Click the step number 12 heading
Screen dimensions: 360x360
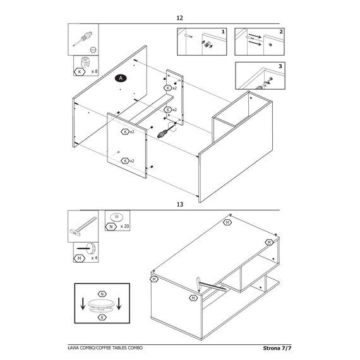tap(180, 18)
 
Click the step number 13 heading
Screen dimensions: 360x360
tap(180, 205)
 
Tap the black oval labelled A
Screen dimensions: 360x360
tap(121, 78)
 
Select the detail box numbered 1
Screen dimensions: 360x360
tap(202, 42)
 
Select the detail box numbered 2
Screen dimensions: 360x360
tap(260, 42)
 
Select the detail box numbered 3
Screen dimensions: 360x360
tap(260, 76)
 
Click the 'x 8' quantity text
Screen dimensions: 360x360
tap(94, 71)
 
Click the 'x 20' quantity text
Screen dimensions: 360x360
tap(124, 226)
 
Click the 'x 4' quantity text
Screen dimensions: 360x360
tap(94, 258)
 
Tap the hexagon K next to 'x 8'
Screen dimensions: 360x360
tap(80, 72)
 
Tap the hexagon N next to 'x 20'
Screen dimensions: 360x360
tap(111, 227)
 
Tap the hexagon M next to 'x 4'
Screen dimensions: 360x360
tap(79, 258)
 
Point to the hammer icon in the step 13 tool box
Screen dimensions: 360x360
tap(83, 225)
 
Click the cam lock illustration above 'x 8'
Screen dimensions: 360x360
tap(85, 63)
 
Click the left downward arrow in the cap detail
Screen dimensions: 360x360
tap(83, 304)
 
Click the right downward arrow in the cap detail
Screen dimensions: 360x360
tap(119, 304)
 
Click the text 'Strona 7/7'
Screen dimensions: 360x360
tap(277, 348)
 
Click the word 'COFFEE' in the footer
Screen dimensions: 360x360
tap(104, 348)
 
